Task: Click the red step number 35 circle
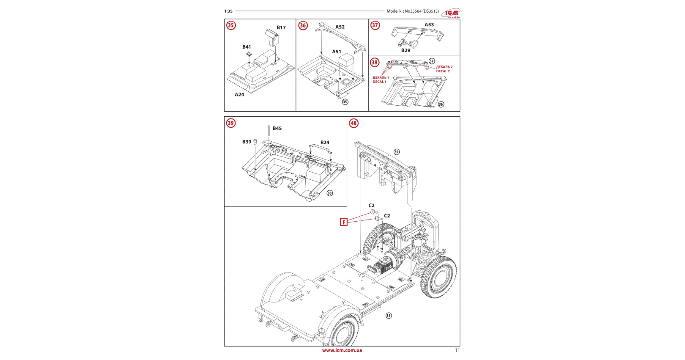[231, 25]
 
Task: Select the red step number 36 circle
[303, 25]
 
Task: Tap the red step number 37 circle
[375, 25]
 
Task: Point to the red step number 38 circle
[375, 63]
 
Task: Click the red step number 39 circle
[231, 123]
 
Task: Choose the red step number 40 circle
[353, 123]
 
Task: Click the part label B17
[281, 27]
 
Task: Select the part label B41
[247, 47]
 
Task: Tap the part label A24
[239, 95]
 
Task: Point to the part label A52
[340, 27]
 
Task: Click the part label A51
[337, 52]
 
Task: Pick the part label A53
[429, 25]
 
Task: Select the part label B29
[406, 50]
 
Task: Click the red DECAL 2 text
[443, 71]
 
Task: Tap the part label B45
[277, 129]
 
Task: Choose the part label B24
[325, 143]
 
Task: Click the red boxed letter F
[344, 222]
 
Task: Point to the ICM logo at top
[451, 13]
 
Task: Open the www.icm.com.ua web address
[342, 350]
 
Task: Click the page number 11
[457, 350]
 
